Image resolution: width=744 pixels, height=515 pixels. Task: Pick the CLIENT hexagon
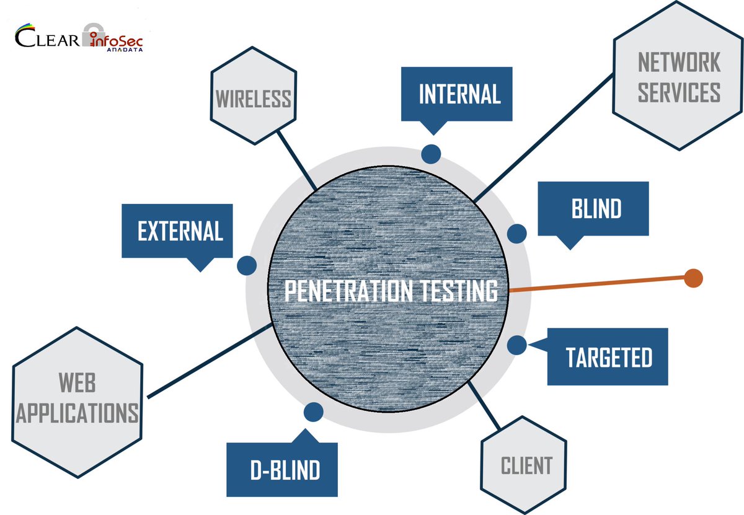click(x=525, y=465)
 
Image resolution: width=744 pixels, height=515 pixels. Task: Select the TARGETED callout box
click(x=608, y=358)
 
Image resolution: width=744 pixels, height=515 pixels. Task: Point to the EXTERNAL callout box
click(x=180, y=231)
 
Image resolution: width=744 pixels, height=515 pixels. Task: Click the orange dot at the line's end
click(x=693, y=278)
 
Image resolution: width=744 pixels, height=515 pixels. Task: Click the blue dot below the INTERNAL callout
click(x=431, y=154)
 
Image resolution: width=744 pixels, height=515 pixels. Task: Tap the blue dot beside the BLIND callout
click(x=516, y=234)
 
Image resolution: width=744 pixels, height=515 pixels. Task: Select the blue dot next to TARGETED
click(x=516, y=345)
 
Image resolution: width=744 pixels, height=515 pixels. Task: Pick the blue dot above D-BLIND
click(x=314, y=412)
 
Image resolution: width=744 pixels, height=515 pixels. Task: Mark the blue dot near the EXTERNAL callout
click(x=247, y=265)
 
